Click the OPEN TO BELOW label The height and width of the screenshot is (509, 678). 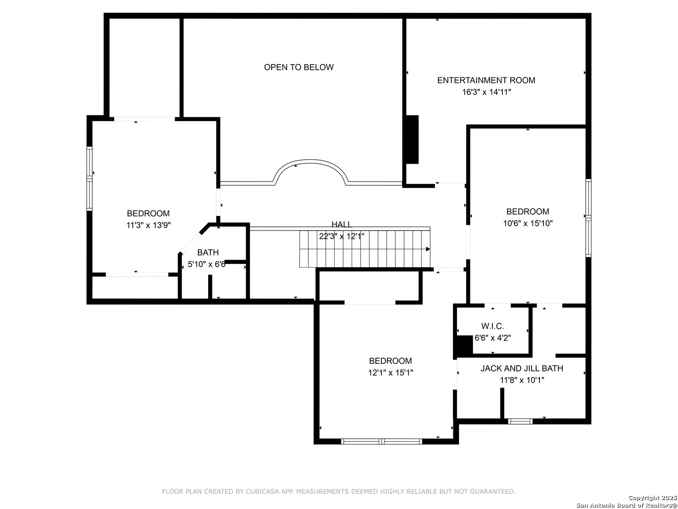point(299,67)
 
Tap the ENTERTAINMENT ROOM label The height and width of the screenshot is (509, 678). point(486,80)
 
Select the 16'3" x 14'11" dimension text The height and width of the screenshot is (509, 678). point(486,92)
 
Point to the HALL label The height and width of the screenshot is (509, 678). point(341,224)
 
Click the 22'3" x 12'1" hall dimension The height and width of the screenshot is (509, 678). point(341,237)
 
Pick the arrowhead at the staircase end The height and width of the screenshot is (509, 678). point(428,249)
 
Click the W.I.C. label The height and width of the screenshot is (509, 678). point(492,326)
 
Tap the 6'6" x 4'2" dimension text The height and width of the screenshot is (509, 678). point(492,338)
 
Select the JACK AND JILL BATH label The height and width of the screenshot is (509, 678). point(522,369)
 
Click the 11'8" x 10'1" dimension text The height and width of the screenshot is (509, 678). point(522,380)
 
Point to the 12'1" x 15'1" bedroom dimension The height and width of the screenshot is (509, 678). point(390,373)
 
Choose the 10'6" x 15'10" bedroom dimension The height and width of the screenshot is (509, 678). point(528,223)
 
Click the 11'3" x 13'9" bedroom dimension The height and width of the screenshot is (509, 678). point(148,225)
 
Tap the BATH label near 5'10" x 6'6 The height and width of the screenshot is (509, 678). point(208,253)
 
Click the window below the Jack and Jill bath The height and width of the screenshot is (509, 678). point(520,421)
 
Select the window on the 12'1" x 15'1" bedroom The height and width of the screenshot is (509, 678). point(381,441)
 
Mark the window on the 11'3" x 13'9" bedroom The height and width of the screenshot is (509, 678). point(89,179)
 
